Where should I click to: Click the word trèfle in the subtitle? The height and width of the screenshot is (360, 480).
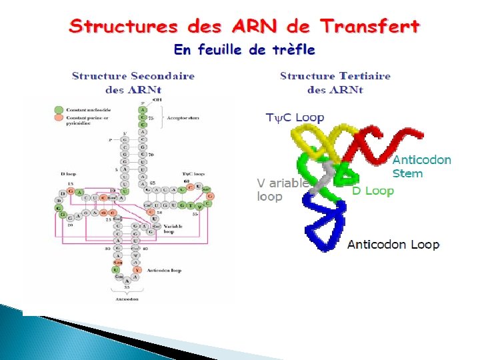point(290,50)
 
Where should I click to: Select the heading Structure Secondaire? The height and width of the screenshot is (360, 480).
point(133,76)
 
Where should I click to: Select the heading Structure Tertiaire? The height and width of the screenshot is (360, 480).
point(335,76)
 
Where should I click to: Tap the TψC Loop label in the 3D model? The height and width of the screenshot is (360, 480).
point(295,118)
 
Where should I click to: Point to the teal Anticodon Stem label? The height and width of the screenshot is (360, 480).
point(421,167)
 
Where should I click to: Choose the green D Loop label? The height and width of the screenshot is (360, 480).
point(373,191)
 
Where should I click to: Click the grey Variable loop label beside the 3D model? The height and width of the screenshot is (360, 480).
point(283,190)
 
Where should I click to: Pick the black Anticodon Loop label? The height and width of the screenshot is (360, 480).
point(394,245)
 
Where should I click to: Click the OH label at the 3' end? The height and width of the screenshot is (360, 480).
point(157,99)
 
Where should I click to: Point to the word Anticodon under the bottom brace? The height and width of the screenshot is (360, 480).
point(127,299)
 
